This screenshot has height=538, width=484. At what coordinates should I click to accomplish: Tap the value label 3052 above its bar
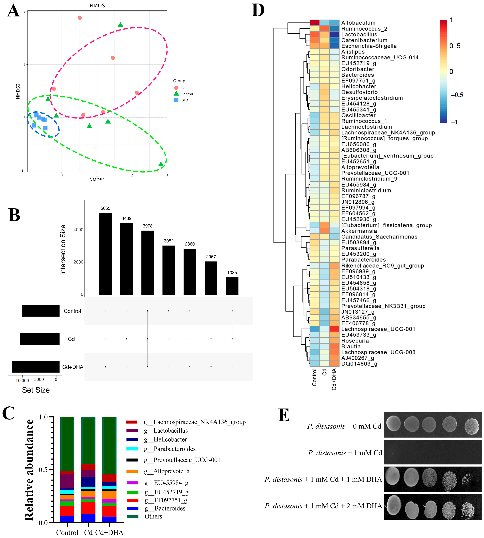click(169, 241)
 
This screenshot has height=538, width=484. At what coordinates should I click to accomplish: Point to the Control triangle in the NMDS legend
click(176, 94)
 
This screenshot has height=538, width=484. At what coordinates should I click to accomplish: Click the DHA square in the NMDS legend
click(176, 100)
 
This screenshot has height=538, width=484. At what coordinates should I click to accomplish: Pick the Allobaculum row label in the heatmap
click(358, 23)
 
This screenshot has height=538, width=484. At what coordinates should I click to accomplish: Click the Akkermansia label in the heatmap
click(359, 231)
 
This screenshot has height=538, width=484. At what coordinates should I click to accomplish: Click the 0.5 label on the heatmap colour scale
click(455, 46)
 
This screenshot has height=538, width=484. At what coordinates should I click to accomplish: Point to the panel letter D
click(258, 11)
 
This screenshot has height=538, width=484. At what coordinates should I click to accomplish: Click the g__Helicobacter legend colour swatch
click(132, 439)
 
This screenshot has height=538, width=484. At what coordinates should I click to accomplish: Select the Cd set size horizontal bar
click(40, 339)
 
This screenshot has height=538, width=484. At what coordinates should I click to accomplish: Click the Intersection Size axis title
click(63, 250)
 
